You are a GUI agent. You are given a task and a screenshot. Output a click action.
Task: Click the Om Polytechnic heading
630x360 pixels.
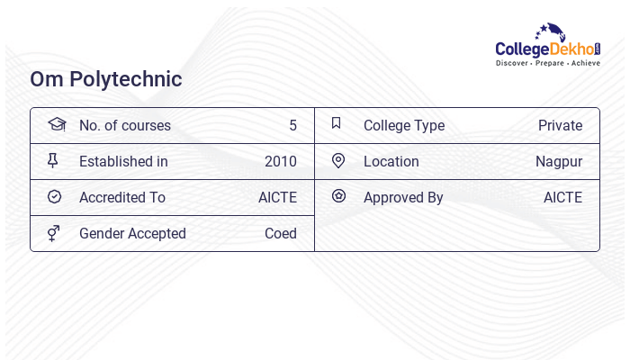coord(106,79)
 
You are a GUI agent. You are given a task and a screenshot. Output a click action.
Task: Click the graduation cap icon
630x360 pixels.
coord(57,124)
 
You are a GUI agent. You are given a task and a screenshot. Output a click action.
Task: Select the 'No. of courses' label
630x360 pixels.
coord(124,126)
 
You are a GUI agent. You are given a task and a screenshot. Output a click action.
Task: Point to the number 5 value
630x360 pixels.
coord(292,126)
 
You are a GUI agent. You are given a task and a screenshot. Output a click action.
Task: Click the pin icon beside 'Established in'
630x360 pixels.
coord(53,160)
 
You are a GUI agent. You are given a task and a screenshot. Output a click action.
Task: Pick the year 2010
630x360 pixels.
coord(281,162)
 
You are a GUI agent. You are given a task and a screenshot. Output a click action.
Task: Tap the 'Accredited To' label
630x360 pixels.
coord(122,198)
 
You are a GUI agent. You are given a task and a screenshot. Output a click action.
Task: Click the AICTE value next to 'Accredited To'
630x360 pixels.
coord(277,198)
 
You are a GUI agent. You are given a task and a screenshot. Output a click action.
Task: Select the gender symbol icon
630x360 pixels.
coord(54,233)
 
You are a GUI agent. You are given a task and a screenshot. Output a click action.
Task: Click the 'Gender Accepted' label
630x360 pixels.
coord(132,234)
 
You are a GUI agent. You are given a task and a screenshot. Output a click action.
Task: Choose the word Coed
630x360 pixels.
coord(281,234)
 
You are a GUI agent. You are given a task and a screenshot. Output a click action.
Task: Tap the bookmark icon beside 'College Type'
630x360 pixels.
coord(337,123)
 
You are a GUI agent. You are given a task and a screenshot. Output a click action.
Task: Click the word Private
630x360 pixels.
coord(560,126)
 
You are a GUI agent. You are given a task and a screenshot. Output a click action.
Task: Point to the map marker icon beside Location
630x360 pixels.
coord(338,160)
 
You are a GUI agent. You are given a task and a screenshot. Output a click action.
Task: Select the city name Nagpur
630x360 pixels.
coord(559,162)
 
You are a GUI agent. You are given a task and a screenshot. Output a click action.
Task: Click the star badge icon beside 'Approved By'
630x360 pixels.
coord(338,195)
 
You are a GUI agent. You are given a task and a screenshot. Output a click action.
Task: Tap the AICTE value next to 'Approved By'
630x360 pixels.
coord(562,198)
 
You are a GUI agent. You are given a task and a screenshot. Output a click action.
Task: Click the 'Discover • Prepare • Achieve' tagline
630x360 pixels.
coord(547,64)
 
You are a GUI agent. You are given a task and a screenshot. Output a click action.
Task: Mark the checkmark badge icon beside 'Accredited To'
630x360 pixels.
coord(54,196)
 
